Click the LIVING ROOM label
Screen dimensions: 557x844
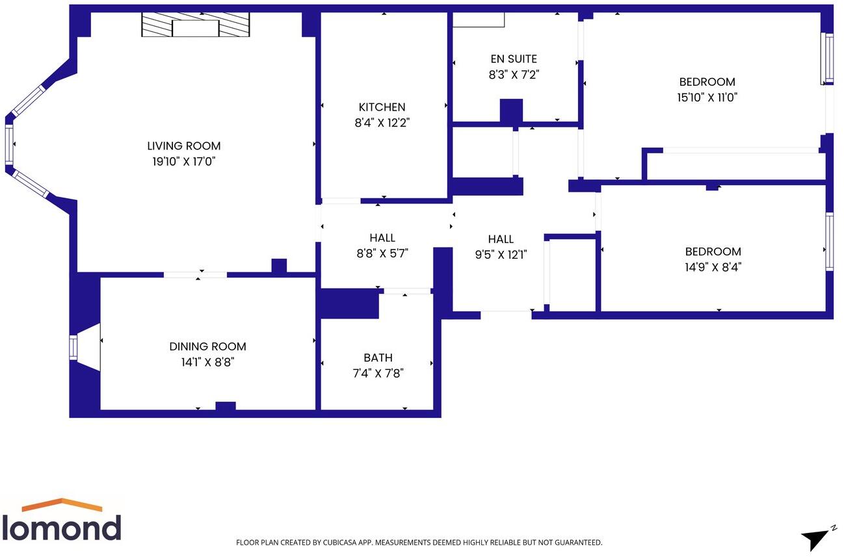coord(183,146)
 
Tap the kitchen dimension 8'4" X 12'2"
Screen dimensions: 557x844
coord(382,122)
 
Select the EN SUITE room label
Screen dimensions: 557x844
coord(514,59)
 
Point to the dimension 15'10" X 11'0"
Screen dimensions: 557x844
coord(707,97)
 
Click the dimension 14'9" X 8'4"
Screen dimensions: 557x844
coord(713,266)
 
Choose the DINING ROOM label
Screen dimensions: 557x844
coord(207,346)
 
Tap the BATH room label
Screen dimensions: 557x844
coord(378,357)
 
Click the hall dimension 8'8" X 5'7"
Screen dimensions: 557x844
coord(382,253)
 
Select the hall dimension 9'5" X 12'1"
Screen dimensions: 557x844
coord(501,255)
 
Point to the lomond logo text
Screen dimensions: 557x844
coord(61,527)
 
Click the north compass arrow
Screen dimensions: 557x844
coord(814,538)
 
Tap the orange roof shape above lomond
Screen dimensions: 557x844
coord(62,504)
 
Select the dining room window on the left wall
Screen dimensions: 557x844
coord(73,347)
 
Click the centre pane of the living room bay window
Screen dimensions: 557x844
coord(9,144)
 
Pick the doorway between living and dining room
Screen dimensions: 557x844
coord(195,275)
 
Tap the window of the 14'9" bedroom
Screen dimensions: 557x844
coord(829,241)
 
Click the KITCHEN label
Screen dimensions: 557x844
coord(382,107)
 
